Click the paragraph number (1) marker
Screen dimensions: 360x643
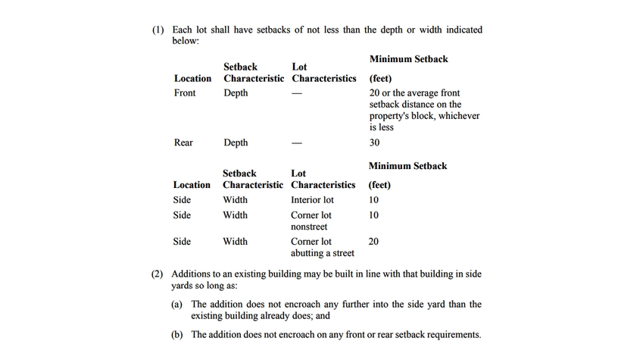[x=158, y=30]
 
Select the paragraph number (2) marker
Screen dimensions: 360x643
[x=158, y=274]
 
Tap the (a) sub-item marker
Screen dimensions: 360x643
[x=179, y=304]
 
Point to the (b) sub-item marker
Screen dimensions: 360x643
[x=179, y=334]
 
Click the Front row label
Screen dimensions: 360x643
[x=185, y=93]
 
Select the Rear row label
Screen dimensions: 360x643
[x=183, y=142]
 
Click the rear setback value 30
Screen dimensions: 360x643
[x=374, y=142]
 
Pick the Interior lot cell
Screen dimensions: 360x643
[x=312, y=200]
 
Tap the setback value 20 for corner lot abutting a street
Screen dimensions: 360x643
[x=373, y=242]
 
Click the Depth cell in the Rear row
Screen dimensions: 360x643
[x=236, y=142]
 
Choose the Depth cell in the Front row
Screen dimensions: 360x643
[x=236, y=93]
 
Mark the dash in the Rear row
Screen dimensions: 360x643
[x=298, y=142]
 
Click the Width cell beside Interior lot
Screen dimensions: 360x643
[x=235, y=200]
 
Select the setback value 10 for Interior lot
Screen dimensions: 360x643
[x=373, y=200]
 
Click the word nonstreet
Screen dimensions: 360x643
[x=309, y=227]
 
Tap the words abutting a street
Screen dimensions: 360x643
[x=322, y=253]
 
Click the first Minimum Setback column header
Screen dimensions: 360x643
[x=408, y=59]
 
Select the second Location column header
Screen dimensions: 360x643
[x=192, y=185]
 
